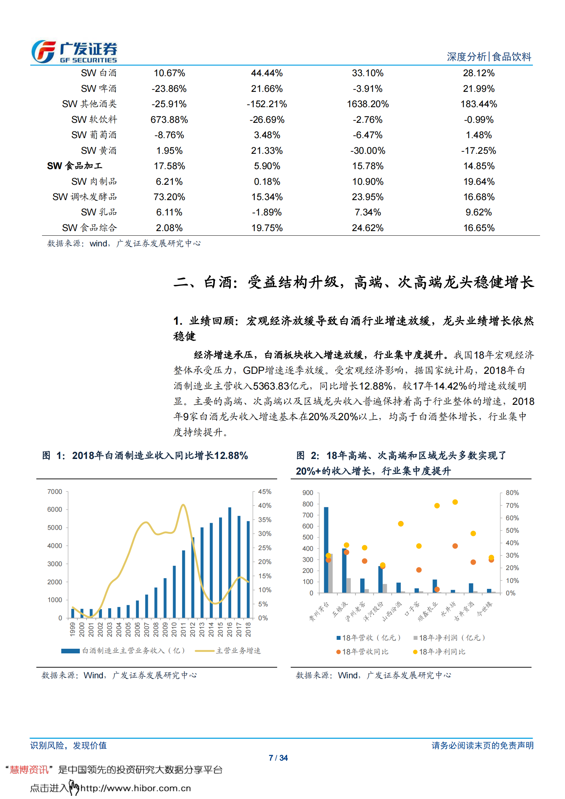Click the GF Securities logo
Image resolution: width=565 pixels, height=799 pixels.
pos(74,52)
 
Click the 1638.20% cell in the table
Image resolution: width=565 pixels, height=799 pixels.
pos(368,104)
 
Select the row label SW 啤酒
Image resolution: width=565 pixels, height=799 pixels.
pos(98,88)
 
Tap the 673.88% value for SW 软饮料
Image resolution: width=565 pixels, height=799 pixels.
pos(169,120)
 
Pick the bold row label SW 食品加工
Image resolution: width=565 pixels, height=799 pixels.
pos(75,166)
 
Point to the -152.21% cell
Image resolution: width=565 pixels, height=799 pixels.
pos(267,104)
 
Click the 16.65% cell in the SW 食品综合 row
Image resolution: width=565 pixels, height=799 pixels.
pos(478,228)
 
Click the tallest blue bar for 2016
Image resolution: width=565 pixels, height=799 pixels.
pos(230,563)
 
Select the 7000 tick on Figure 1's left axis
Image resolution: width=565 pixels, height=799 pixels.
pos(55,492)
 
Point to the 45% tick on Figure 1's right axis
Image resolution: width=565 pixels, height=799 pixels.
pos(265,492)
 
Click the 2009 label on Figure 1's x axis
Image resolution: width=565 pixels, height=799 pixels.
pos(165,629)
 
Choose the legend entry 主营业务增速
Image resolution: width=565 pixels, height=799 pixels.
pos(238,651)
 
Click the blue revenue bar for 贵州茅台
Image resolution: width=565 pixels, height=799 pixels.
pos(326,550)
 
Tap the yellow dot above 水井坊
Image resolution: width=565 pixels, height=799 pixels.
pos(455,502)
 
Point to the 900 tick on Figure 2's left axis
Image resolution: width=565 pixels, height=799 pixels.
pos(307,493)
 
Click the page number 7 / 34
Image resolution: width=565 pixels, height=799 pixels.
pos(278,758)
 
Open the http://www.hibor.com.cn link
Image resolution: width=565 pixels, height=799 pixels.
pos(136,788)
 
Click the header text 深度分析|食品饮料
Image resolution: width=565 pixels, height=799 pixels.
pos(489,57)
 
